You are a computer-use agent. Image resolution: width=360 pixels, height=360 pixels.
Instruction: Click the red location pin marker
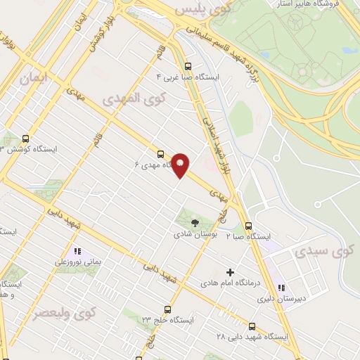click(181, 165)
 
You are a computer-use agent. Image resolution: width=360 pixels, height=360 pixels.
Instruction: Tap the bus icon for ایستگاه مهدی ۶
click(161, 154)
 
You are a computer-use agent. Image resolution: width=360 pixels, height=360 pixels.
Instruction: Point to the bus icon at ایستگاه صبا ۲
click(248, 226)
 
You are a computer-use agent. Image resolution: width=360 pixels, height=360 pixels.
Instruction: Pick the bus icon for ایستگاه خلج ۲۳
click(167, 309)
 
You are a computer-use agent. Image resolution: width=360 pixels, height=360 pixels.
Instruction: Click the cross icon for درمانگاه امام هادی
click(230, 272)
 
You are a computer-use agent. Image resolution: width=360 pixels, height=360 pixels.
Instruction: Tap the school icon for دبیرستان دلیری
click(281, 288)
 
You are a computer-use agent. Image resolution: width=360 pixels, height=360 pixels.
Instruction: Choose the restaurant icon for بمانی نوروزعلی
click(77, 251)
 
